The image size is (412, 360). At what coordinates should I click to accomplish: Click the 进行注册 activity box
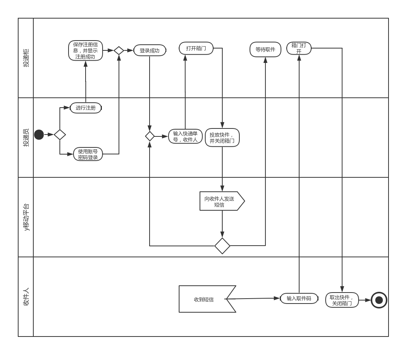tap(86, 108)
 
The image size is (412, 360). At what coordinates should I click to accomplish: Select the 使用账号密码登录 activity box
tap(88, 154)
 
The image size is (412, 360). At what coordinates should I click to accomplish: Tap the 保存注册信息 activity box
tap(86, 50)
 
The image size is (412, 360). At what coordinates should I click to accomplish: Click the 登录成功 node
tap(150, 50)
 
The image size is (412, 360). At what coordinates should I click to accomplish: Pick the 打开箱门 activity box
tap(196, 48)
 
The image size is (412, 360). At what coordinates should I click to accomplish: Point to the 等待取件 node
tap(265, 49)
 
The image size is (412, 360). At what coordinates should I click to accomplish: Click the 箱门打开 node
tap(299, 48)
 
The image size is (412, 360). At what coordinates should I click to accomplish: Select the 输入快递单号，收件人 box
tap(185, 136)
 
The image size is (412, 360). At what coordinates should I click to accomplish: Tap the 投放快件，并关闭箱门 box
tap(222, 138)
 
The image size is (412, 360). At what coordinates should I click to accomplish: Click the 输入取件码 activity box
tap(299, 299)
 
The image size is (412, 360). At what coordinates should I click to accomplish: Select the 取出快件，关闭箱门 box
tap(342, 300)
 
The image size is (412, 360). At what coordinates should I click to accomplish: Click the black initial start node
tap(39, 135)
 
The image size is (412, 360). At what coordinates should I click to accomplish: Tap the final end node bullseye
tap(379, 300)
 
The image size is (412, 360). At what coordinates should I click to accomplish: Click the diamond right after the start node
tap(60, 135)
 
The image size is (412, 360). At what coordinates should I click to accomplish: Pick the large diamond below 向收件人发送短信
tap(222, 246)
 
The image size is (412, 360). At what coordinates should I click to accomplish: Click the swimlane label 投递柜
tap(26, 58)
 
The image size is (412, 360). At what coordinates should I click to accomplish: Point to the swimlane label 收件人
tap(26, 297)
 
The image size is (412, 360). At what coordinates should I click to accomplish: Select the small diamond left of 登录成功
tap(119, 50)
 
